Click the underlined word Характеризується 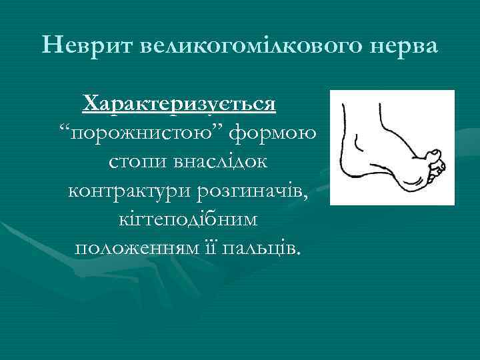coord(180,105)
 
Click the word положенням coord(133,248)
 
